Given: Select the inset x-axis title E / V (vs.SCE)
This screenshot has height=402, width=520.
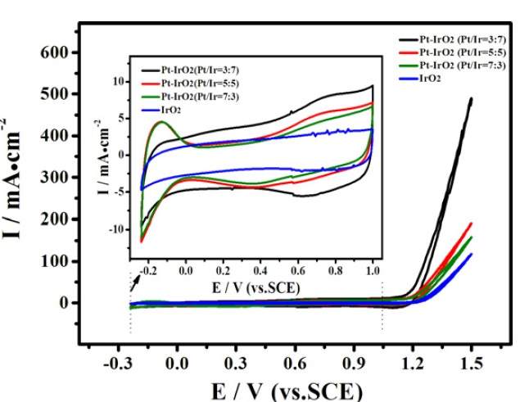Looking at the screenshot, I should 255,287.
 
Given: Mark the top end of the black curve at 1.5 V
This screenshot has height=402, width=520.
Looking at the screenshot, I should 472,99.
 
